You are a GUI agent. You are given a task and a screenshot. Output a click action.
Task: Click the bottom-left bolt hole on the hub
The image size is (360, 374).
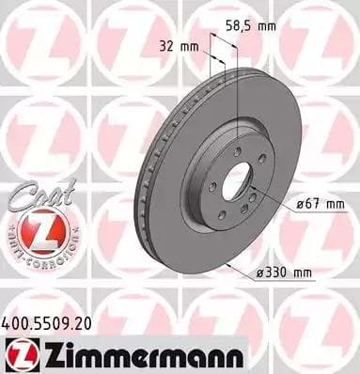point(221,214)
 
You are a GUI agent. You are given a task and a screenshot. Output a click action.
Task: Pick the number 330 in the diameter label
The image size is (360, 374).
point(281,273)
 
